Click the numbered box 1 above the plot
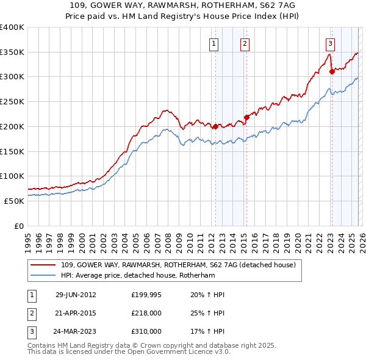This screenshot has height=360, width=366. [215, 43]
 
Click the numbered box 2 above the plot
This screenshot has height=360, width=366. [244, 43]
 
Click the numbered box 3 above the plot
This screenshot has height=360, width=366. [330, 43]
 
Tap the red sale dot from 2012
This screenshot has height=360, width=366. [215, 127]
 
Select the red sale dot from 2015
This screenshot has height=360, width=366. [246, 118]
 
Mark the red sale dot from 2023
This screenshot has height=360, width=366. [332, 71]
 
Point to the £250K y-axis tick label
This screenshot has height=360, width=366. [12, 101]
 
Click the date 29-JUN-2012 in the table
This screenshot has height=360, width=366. [76, 295]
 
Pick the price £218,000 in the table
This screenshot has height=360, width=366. [146, 313]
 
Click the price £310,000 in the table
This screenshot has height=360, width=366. [146, 331]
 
